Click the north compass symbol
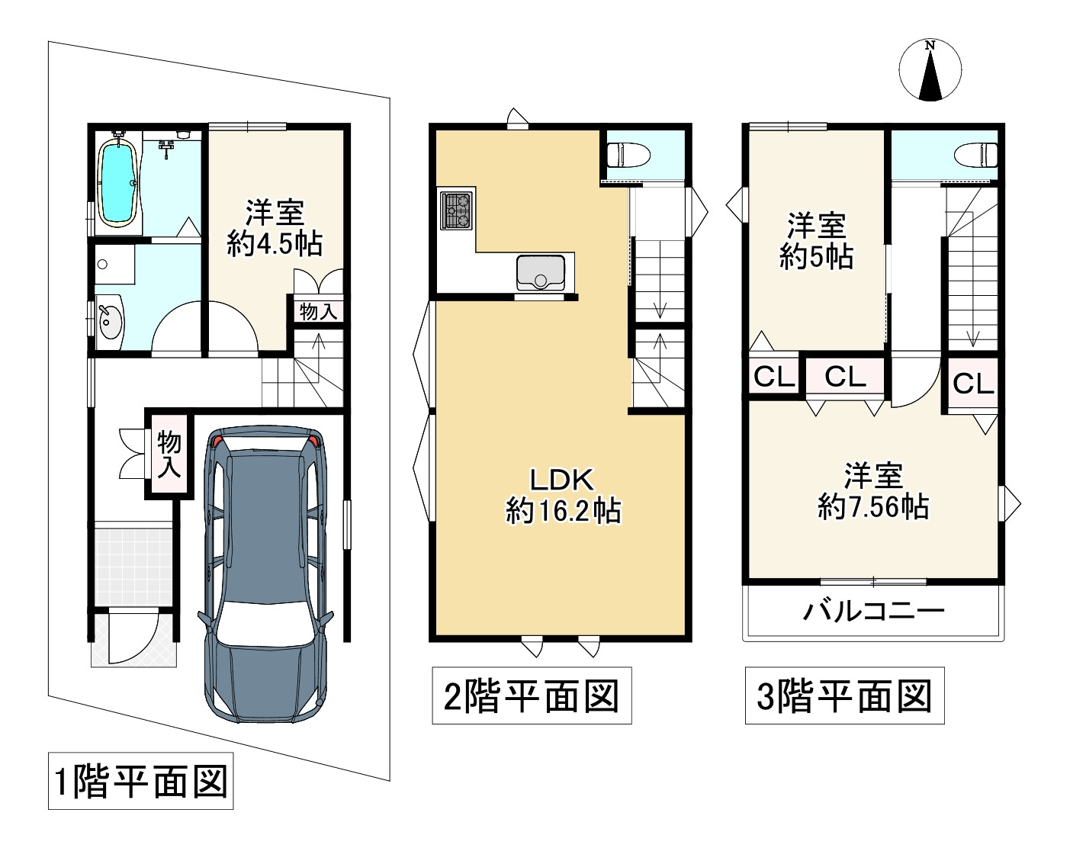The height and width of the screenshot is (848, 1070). [930, 71]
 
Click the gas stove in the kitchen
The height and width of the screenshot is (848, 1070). [456, 210]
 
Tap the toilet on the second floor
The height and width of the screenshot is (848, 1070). [628, 156]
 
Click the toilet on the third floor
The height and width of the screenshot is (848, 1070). [976, 154]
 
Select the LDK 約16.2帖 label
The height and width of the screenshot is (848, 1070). [563, 495]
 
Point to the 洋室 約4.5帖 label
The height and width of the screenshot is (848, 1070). [275, 227]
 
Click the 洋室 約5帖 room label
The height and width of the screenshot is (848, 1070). [816, 242]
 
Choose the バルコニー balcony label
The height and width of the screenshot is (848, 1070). [874, 612]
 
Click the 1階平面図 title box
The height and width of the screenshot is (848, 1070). [141, 782]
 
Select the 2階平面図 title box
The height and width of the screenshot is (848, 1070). [532, 695]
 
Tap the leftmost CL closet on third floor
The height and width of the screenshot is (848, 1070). [773, 377]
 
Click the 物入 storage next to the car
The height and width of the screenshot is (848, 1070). [169, 455]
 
